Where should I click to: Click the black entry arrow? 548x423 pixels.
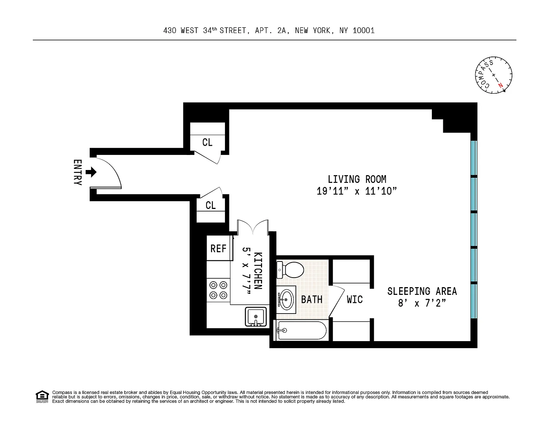(91, 172)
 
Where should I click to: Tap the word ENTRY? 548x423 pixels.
(78, 172)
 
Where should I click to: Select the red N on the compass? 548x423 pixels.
(501, 86)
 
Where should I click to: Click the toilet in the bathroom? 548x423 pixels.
(290, 270)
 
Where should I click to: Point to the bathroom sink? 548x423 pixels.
(286, 300)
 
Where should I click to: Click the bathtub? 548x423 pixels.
(301, 330)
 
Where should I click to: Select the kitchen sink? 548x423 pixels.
(256, 317)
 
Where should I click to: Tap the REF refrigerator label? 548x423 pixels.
(218, 249)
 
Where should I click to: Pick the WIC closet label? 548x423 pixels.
(355, 300)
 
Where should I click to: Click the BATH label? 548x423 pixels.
(312, 300)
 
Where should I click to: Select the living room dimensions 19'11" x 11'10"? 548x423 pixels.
(357, 191)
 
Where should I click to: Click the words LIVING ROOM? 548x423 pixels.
(357, 180)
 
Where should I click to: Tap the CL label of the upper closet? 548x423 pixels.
(207, 142)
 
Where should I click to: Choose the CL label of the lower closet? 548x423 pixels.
(211, 205)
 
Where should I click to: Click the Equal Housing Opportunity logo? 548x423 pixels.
(42, 397)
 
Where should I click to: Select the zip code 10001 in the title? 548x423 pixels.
(363, 30)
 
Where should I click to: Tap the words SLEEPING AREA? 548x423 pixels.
(422, 291)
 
